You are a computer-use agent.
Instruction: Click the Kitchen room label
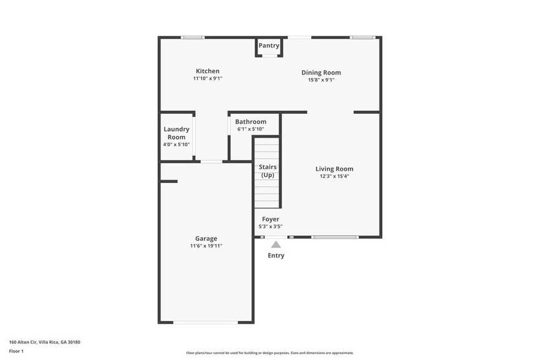pyautogui.click(x=207, y=71)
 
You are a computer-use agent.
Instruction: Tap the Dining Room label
pyautogui.click(x=321, y=72)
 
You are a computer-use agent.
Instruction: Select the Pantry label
pyautogui.click(x=269, y=45)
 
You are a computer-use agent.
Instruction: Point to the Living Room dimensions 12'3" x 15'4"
pyautogui.click(x=334, y=176)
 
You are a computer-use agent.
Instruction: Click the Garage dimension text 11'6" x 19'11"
pyautogui.click(x=206, y=246)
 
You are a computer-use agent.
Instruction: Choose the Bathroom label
pyautogui.click(x=250, y=122)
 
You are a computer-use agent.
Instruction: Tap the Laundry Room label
pyautogui.click(x=176, y=133)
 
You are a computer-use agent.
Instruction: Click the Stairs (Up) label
pyautogui.click(x=268, y=171)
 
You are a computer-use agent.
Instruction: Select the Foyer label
pyautogui.click(x=271, y=219)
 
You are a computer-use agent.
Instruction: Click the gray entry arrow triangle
pyautogui.click(x=276, y=244)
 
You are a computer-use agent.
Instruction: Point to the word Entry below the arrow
pyautogui.click(x=276, y=255)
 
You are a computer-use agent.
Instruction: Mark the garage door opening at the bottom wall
pyautogui.click(x=205, y=322)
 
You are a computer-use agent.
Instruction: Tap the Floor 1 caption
pyautogui.click(x=16, y=351)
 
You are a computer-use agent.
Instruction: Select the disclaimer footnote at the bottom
pyautogui.click(x=270, y=353)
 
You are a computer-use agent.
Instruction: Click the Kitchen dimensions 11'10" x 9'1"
pyautogui.click(x=208, y=78)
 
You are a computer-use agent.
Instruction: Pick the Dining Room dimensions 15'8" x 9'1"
pyautogui.click(x=321, y=80)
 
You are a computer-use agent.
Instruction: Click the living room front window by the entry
pyautogui.click(x=334, y=237)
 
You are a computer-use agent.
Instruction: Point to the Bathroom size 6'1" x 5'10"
pyautogui.click(x=250, y=129)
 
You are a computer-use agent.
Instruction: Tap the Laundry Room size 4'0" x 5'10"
pyautogui.click(x=176, y=144)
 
